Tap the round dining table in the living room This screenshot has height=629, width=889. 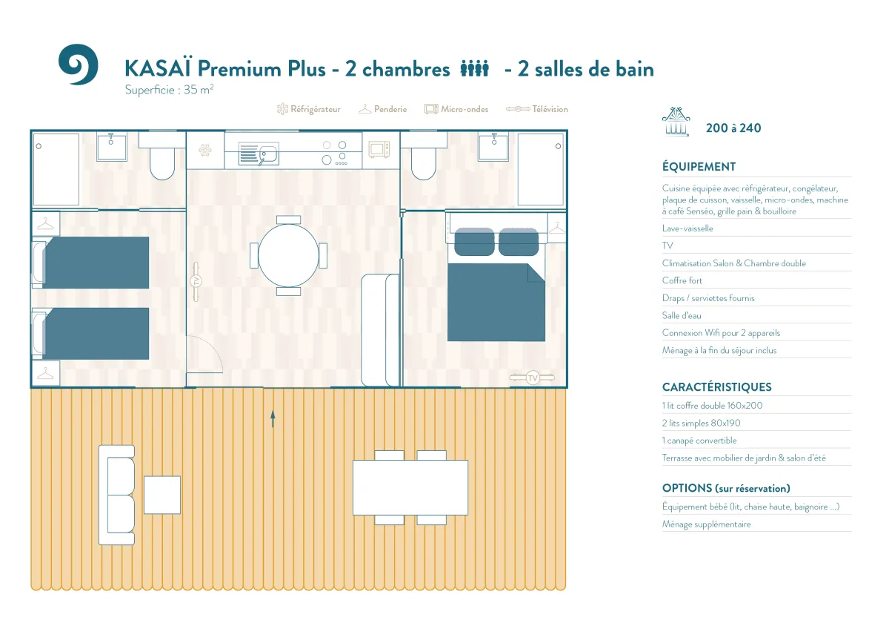(288, 255)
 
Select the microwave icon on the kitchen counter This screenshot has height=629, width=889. (379, 150)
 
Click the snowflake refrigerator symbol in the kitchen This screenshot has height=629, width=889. (205, 150)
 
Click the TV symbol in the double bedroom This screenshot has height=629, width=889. (532, 378)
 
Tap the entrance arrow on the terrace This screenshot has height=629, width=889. (273, 419)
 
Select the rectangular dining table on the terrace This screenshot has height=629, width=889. (410, 487)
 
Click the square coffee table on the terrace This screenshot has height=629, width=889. (162, 495)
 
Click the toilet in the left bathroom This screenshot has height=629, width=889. (162, 157)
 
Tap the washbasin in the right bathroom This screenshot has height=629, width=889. (493, 147)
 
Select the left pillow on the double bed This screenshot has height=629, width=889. (474, 242)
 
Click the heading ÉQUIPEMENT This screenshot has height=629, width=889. (699, 166)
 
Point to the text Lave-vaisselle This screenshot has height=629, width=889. (687, 228)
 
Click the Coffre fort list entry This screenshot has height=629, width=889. (682, 280)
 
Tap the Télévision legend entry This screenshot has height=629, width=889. (537, 109)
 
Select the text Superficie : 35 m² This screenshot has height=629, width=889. (170, 90)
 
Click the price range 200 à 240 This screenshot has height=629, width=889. (733, 128)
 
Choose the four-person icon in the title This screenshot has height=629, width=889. (475, 68)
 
